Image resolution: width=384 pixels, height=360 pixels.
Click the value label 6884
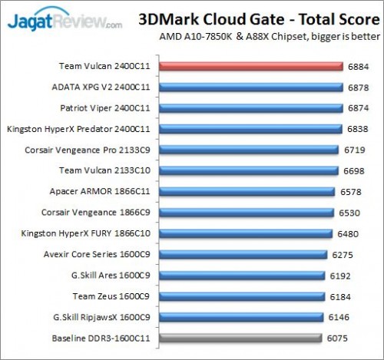[357, 67]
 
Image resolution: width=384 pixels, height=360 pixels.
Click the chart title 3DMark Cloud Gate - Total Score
[254, 18]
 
